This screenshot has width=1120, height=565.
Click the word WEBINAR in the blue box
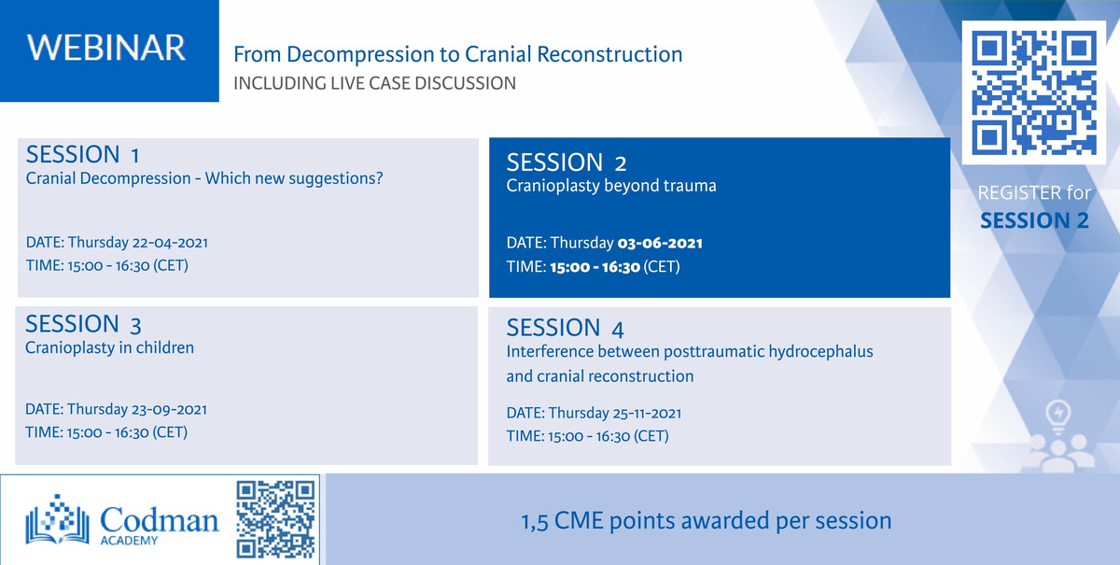coord(106,48)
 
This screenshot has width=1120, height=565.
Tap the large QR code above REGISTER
coord(1034,92)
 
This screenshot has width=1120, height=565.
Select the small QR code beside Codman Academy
coord(275,519)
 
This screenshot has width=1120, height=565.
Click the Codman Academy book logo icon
coord(58,519)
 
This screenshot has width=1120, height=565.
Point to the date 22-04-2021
coord(170,243)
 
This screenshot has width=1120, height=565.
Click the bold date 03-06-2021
coord(660,243)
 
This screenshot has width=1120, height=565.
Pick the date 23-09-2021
coord(169,409)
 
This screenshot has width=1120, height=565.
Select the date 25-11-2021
coord(647,414)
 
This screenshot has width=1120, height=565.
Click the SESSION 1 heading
coord(82,154)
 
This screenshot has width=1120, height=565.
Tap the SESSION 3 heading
coord(83,324)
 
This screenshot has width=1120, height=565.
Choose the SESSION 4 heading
coord(565,329)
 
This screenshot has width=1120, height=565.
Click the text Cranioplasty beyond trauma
coord(611,186)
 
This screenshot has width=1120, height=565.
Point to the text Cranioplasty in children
coord(109,347)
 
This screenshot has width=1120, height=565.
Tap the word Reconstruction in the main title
coord(609,54)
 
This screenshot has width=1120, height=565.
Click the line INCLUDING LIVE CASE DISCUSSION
coord(374,83)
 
